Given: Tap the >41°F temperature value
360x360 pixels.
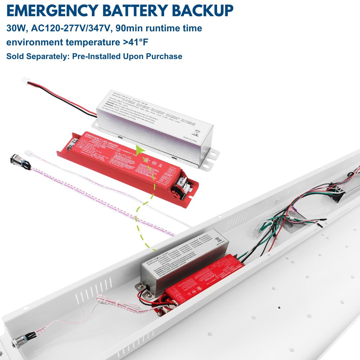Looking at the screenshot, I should coord(135,42).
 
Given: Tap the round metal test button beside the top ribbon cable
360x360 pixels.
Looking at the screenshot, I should coord(16,159).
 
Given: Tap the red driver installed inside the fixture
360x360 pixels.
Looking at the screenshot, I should coord(205,278).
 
